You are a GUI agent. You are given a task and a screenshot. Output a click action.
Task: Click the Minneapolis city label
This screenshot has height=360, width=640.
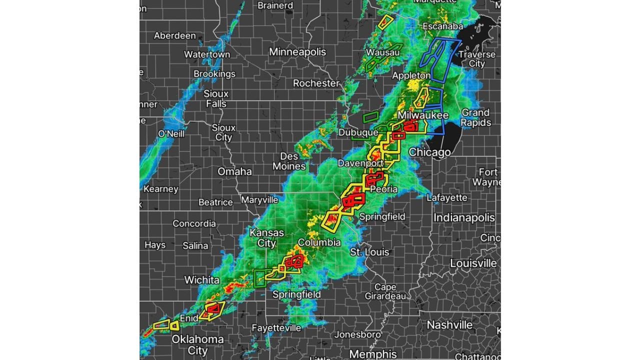click(297, 52)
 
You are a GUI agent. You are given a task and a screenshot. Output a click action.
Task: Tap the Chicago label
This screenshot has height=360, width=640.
click(429, 152)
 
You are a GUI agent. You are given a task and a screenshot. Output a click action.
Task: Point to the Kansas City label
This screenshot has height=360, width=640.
click(266, 238)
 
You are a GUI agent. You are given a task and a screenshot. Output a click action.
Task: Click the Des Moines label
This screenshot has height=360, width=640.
click(289, 161)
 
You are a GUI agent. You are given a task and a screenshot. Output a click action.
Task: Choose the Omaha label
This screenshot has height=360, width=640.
click(234, 171)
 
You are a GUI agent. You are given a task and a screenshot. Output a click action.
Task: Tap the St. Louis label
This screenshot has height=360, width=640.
click(369, 252)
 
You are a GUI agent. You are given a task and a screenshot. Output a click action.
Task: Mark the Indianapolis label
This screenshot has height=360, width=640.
click(464, 217)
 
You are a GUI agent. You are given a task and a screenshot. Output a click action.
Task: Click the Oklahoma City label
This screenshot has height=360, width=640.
click(197, 345)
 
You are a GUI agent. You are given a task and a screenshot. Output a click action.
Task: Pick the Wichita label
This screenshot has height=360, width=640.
click(201, 280)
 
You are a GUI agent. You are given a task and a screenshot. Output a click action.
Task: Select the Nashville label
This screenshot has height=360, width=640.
click(449, 325)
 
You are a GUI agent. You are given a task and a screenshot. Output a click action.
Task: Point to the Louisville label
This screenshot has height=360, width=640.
click(473, 263)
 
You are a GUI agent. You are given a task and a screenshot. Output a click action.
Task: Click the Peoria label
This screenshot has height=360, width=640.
click(383, 189)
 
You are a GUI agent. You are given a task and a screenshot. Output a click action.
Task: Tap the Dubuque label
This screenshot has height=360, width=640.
click(358, 132)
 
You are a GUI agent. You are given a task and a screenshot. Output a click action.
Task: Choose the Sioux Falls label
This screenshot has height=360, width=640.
click(216, 98)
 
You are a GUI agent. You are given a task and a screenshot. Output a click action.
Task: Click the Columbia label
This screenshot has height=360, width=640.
click(319, 242)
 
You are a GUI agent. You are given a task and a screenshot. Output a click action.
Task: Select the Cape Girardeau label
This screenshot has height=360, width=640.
click(385, 291)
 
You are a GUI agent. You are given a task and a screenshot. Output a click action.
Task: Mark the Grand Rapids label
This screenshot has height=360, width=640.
click(475, 117)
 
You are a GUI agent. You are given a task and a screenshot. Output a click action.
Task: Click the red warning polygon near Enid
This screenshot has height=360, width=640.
click(212, 309)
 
